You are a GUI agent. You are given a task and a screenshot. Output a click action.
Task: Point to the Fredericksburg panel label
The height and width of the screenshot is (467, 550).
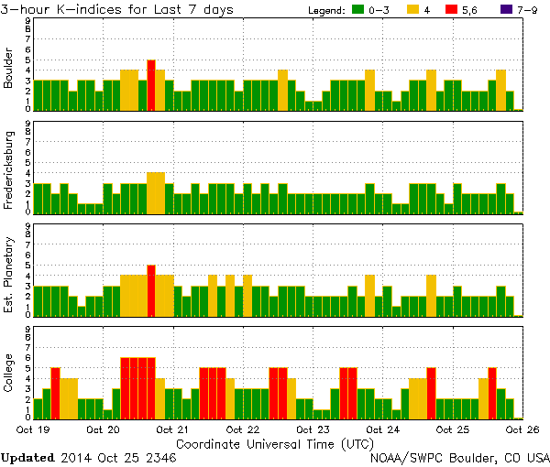[x=9, y=170]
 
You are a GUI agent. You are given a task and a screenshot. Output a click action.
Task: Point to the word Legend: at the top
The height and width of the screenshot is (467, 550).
[x=325, y=10]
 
